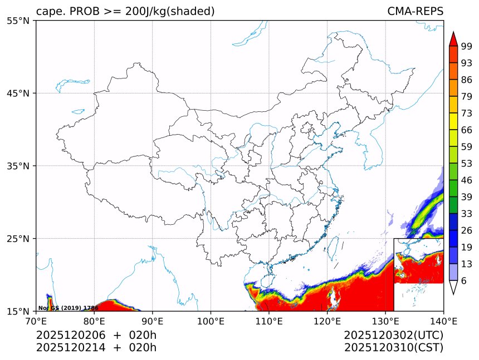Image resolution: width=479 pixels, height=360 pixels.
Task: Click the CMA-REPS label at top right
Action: point(415,11)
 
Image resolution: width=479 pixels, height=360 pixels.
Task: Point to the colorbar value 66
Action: point(467,130)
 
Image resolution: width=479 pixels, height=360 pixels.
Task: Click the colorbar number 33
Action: point(467,213)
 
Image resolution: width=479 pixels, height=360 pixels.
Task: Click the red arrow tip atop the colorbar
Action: point(453,38)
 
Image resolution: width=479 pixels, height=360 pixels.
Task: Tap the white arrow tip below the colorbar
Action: point(453,288)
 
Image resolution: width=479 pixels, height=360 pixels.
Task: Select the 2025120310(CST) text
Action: point(393,348)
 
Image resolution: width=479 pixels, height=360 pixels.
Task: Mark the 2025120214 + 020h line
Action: point(96,348)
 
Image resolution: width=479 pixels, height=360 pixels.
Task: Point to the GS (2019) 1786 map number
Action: point(68,308)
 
